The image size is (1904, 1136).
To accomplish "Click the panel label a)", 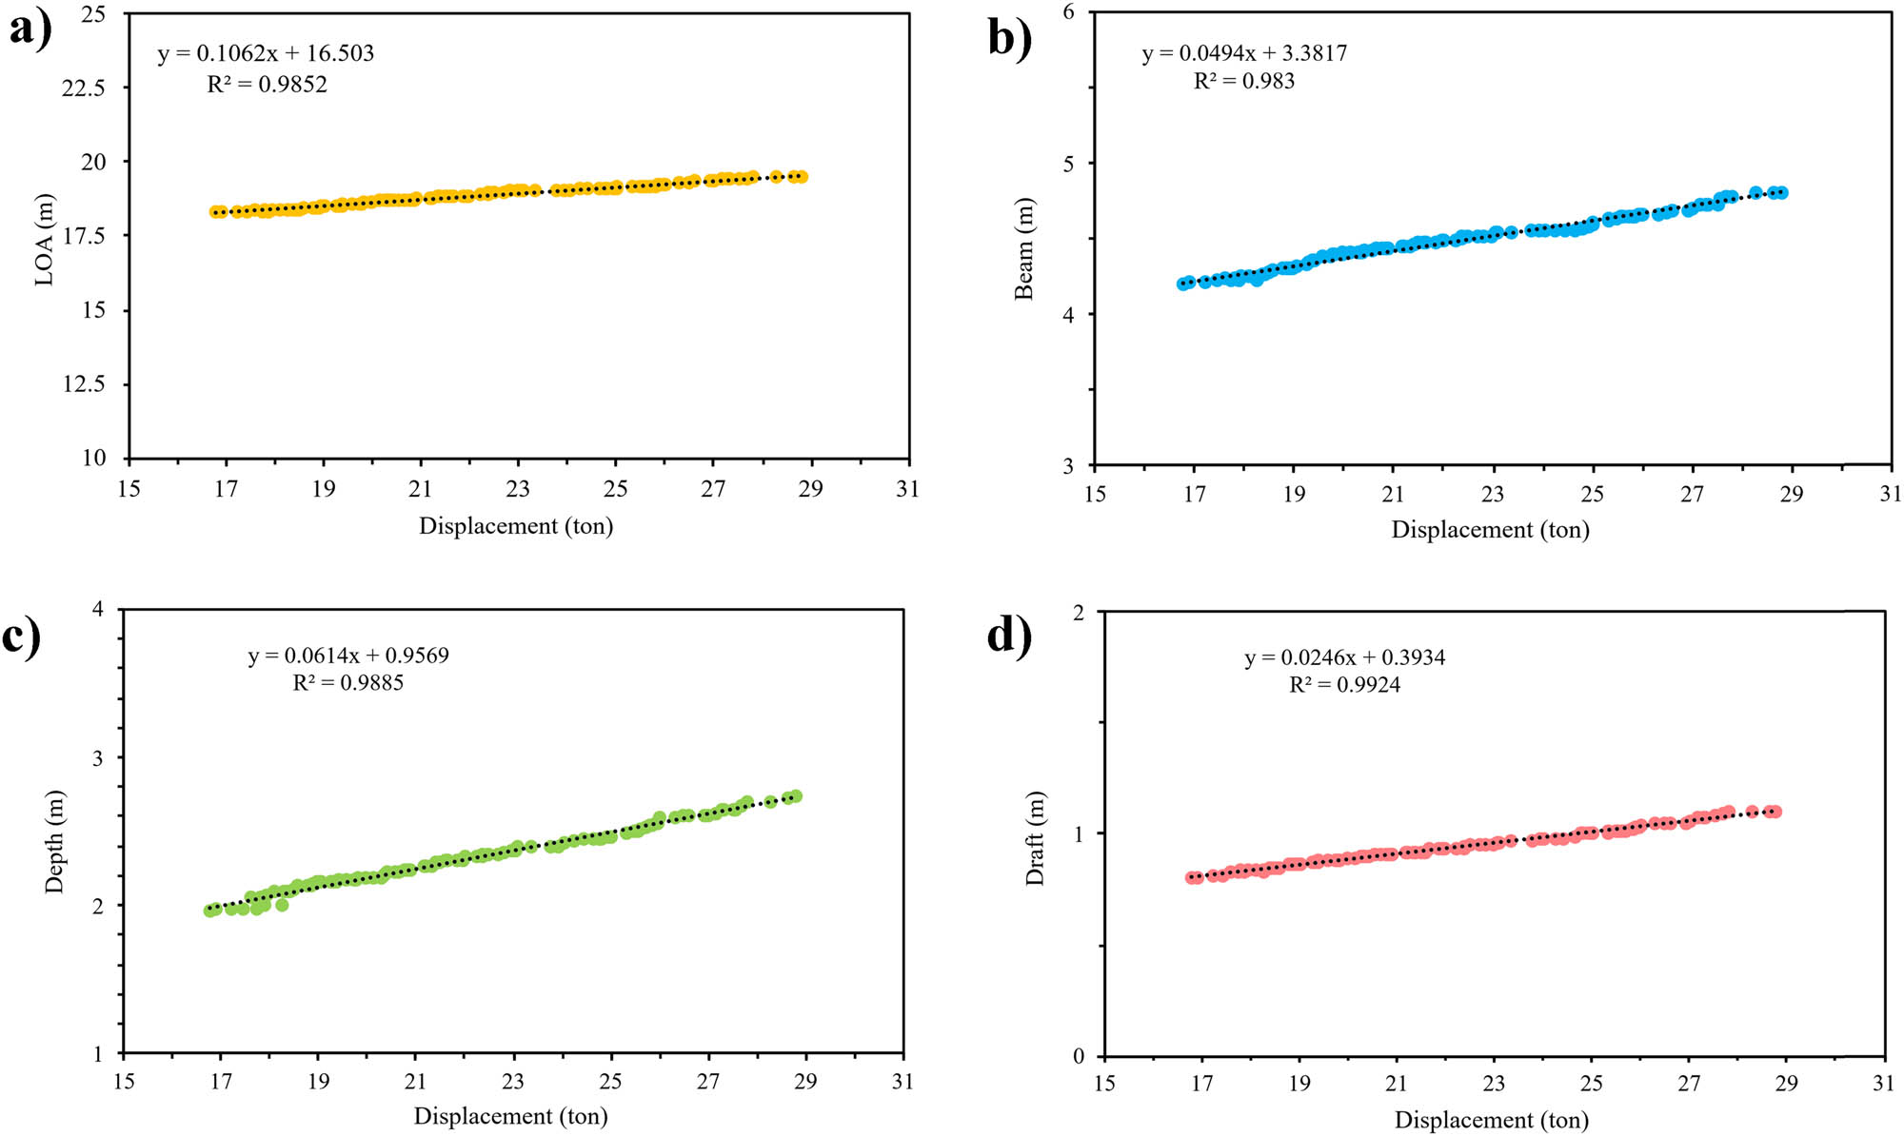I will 30,30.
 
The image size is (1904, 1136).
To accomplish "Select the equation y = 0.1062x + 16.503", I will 266,53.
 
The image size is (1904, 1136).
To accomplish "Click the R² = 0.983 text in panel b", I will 1243,81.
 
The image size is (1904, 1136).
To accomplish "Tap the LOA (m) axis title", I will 44,239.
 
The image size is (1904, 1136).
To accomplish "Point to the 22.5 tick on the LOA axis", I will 84,88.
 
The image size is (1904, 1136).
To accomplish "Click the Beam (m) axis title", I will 1023,249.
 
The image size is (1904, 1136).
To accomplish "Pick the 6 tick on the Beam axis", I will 1069,12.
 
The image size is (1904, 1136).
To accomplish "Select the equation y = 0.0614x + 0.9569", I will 348,656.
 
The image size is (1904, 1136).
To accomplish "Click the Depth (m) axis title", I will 54,841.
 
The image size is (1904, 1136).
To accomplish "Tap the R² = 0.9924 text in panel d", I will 1344,685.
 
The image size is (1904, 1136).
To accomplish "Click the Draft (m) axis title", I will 1034,838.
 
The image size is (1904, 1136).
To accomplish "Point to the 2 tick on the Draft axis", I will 1079,613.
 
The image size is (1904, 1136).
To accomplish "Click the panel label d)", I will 1009,636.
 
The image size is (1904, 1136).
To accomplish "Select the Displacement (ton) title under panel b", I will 1490,530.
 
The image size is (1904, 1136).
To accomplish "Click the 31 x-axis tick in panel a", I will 907,489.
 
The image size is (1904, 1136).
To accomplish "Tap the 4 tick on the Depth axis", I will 98,609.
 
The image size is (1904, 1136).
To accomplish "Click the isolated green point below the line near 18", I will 282,905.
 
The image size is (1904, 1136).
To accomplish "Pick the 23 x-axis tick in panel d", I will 1494,1084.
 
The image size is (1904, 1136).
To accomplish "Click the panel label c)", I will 22,636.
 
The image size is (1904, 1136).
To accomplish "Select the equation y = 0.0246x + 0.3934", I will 1344,657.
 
